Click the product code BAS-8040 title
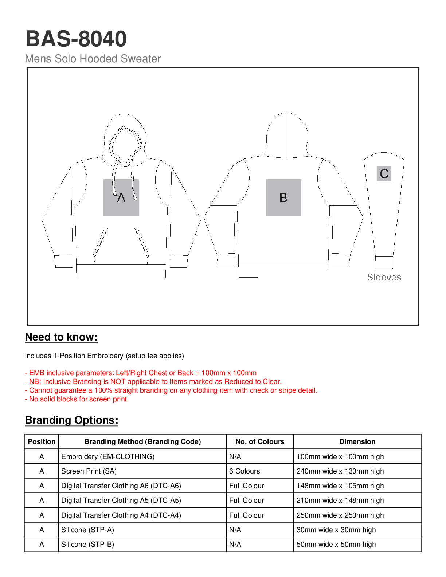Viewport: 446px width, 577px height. (76, 39)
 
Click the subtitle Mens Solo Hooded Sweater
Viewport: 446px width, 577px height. (93, 59)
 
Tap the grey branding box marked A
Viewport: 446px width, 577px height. (121, 197)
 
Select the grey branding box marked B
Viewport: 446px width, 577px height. (283, 197)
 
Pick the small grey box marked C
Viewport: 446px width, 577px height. (384, 173)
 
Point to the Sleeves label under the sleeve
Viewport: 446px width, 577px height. (384, 277)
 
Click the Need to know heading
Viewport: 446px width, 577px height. (61, 337)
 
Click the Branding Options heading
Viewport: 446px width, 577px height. (71, 420)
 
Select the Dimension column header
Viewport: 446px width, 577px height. (357, 441)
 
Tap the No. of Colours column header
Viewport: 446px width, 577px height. (260, 441)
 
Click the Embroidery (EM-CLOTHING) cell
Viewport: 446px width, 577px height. (108, 456)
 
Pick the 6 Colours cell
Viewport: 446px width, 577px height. (244, 471)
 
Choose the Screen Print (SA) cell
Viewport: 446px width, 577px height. (89, 471)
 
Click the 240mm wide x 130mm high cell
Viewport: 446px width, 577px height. (340, 471)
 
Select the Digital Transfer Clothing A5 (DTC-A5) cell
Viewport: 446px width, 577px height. (121, 500)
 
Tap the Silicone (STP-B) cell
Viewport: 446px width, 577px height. (87, 544)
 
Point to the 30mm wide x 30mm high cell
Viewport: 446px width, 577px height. (336, 530)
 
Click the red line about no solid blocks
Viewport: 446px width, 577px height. (77, 399)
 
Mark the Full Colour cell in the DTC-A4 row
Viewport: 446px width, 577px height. (246, 515)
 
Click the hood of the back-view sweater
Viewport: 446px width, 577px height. (287, 135)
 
